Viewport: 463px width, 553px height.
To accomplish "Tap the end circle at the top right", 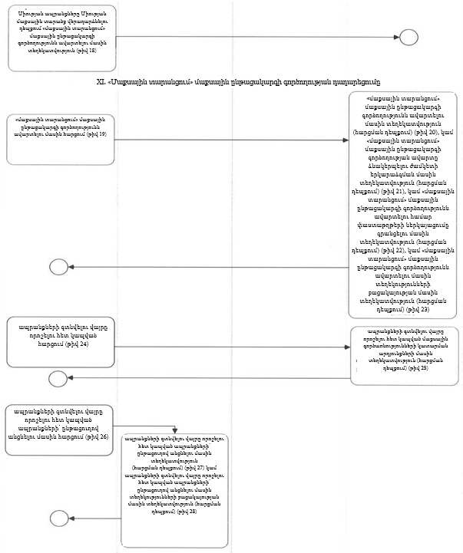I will [408, 37].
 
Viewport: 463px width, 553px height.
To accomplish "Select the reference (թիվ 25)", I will [418, 368].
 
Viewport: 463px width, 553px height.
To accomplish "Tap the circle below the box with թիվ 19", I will [58, 267].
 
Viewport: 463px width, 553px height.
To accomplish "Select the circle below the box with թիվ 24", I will [58, 378].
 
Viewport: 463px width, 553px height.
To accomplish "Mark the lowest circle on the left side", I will [58, 520].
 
